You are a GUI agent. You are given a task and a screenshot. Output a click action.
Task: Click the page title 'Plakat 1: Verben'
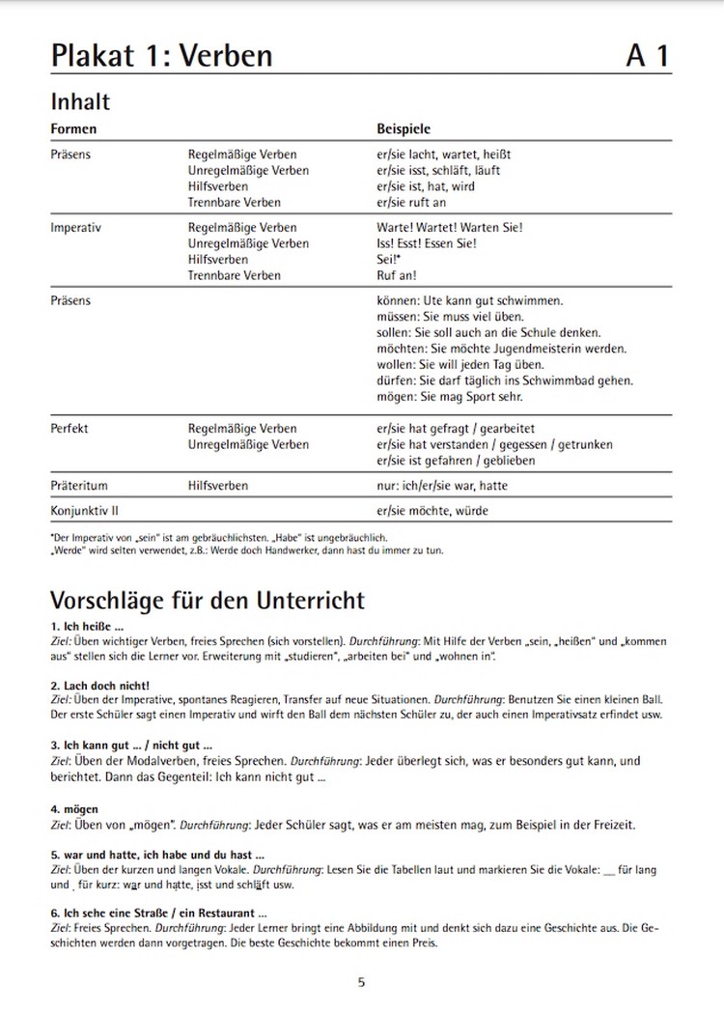point(161,55)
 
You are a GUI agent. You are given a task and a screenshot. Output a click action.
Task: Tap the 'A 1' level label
point(647,55)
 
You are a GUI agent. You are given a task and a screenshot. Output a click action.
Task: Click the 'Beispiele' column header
point(404,128)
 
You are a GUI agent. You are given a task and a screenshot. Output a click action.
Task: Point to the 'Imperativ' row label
point(76,228)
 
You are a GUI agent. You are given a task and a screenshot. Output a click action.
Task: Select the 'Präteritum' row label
point(79,486)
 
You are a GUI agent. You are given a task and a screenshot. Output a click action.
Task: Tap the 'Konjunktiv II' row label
point(84,510)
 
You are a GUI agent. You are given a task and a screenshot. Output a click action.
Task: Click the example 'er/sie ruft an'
point(411,203)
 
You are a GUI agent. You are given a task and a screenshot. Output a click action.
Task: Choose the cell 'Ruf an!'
point(397,275)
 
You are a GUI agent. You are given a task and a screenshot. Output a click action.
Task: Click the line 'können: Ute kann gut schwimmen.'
point(469,301)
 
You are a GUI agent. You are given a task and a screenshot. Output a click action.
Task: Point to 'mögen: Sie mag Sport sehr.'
point(452,397)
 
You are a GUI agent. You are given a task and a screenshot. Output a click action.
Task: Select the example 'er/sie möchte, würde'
point(432,510)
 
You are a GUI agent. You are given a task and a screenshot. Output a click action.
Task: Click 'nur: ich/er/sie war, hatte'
point(441,486)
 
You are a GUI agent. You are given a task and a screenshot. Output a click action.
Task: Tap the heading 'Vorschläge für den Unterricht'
point(208,600)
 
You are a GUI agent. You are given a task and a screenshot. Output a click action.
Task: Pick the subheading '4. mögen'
point(74,808)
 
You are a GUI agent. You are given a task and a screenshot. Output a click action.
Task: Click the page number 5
point(361,983)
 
